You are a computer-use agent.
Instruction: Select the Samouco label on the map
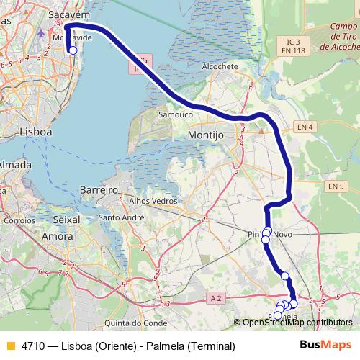[x=176, y=114]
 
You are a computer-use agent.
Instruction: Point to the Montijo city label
[x=206, y=135]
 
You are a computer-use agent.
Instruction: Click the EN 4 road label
[x=305, y=127]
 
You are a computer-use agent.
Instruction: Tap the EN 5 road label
[x=336, y=186]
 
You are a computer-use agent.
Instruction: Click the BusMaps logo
[x=325, y=345]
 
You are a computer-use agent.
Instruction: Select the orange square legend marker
[x=10, y=345]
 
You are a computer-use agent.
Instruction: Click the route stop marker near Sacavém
[x=72, y=50]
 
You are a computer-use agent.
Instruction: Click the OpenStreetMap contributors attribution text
[x=297, y=323]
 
